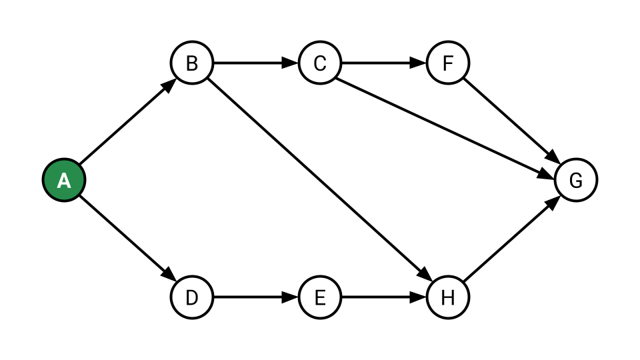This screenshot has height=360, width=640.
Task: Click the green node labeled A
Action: click(x=64, y=180)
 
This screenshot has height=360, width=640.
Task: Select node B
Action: click(x=192, y=63)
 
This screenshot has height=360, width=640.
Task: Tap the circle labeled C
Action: click(x=320, y=63)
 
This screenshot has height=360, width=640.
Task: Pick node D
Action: click(x=192, y=297)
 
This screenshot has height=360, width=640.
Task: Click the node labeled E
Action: click(x=320, y=297)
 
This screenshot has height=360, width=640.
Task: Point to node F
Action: click(x=448, y=63)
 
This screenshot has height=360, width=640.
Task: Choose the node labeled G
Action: click(x=576, y=180)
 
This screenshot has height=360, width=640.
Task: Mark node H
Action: click(x=448, y=297)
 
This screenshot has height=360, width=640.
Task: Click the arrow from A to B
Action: click(x=128, y=121)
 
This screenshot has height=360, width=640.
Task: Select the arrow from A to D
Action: click(x=128, y=239)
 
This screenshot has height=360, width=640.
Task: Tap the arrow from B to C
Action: click(x=256, y=63)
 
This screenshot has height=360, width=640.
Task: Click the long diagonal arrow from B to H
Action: click(x=320, y=180)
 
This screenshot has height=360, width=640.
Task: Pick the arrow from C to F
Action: click(x=384, y=63)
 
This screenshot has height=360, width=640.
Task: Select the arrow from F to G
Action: click(x=512, y=121)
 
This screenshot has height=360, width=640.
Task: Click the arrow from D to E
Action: click(x=256, y=297)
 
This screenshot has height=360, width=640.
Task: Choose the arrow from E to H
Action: click(x=384, y=297)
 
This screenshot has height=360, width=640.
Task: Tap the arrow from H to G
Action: click(x=512, y=239)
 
